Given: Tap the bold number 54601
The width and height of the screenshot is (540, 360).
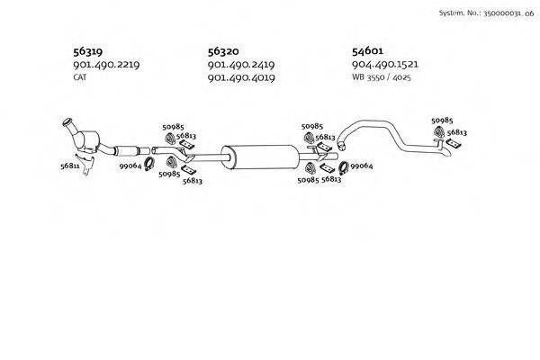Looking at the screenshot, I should click(x=369, y=51).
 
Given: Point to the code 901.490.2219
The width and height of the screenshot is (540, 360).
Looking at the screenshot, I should click(x=106, y=65).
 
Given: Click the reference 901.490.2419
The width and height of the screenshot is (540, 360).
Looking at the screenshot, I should click(x=240, y=65).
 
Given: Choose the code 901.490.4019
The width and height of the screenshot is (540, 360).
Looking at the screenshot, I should click(x=240, y=78).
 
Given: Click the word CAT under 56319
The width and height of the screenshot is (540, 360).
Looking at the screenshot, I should click(x=80, y=77).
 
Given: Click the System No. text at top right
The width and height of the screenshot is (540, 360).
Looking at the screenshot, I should click(x=483, y=13).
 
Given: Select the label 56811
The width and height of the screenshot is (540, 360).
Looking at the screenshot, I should click(x=70, y=166).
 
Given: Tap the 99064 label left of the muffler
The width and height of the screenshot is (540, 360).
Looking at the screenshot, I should click(x=131, y=166).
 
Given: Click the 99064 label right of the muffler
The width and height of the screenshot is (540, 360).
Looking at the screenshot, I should click(x=362, y=166).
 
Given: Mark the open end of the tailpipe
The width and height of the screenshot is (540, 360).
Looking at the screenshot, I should click(x=450, y=157).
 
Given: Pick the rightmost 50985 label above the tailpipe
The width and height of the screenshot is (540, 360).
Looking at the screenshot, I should click(x=442, y=120).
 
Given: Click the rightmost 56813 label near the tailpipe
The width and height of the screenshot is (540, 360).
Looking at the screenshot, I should click(x=457, y=132).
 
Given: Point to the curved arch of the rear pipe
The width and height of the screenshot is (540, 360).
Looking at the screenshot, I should click(x=369, y=123).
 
